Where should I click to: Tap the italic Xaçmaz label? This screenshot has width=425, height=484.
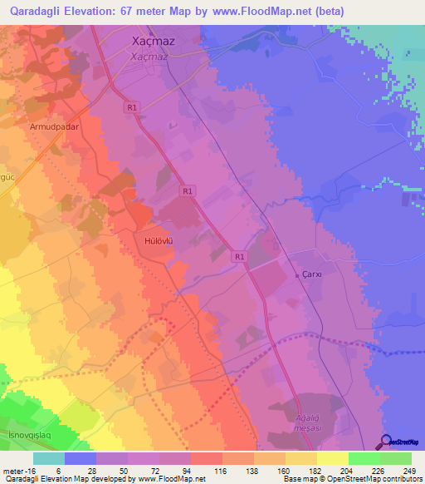149,57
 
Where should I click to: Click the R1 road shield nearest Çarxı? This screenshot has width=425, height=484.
239,257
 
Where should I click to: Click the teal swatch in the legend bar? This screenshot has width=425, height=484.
49,458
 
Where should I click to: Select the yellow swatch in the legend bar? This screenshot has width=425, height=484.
332,458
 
